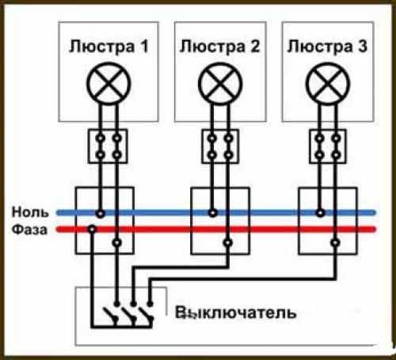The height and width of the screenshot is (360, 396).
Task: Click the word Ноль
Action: tap(30, 213)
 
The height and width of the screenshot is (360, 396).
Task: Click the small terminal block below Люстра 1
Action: tap(108, 147)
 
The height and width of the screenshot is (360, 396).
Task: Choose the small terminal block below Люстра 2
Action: tap(219, 147)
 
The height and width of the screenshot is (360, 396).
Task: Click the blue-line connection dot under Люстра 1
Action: tap(100, 213)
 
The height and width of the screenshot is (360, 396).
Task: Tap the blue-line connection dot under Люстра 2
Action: tap(211, 213)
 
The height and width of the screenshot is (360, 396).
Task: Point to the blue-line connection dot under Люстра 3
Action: tap(318, 213)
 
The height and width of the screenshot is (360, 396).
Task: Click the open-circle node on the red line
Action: tap(92, 230)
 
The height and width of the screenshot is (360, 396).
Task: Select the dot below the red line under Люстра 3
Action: tap(335, 241)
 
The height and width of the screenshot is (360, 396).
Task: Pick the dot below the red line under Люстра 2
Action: tap(228, 241)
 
